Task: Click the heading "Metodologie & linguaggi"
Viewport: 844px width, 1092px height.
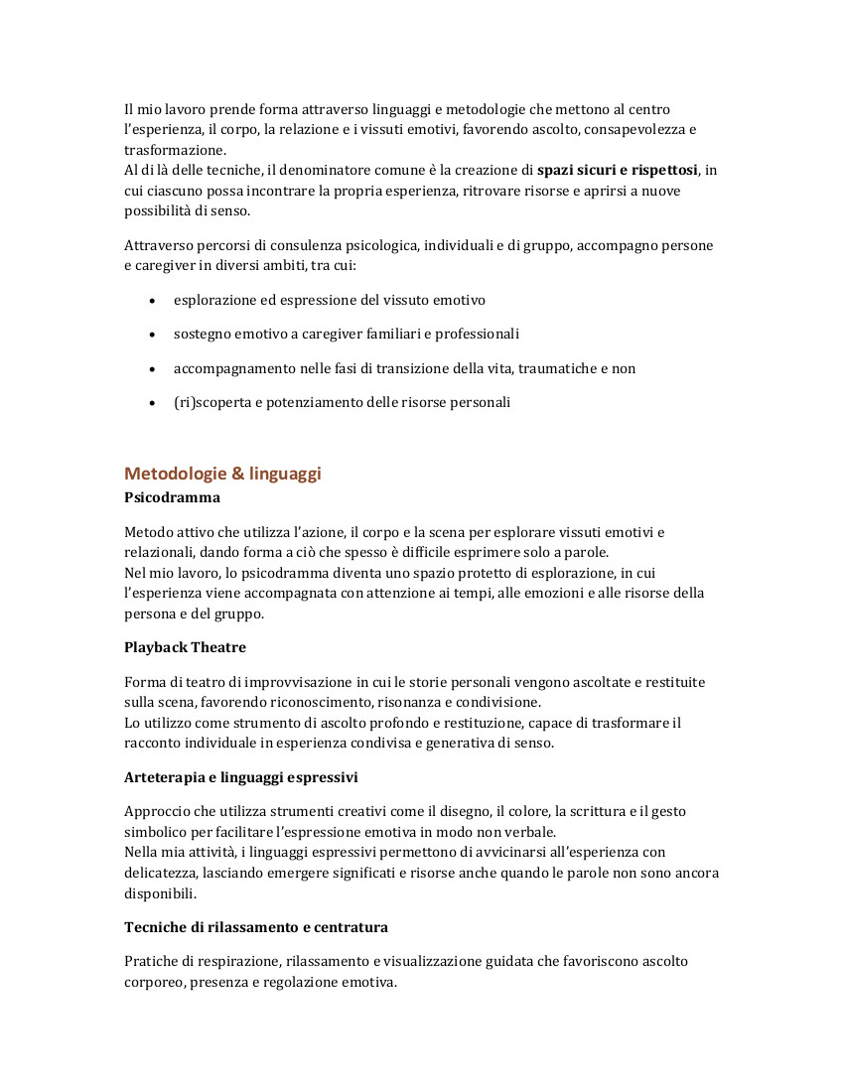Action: (x=222, y=474)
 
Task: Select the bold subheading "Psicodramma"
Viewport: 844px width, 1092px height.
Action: (x=172, y=496)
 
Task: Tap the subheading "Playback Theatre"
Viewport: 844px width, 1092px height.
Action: (x=185, y=647)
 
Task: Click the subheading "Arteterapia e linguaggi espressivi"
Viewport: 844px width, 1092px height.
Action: (x=240, y=776)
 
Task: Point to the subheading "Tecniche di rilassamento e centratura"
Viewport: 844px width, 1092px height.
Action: (x=256, y=927)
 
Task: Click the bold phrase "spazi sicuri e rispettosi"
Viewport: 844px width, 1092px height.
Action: (x=618, y=170)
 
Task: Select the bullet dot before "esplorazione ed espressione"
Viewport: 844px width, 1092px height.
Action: (x=151, y=300)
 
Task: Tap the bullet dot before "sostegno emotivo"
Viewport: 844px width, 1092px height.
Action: (x=151, y=335)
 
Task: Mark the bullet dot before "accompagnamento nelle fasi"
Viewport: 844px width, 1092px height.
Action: (x=151, y=369)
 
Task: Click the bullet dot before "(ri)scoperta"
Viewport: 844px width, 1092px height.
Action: (x=151, y=403)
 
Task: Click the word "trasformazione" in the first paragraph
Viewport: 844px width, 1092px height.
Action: (x=174, y=150)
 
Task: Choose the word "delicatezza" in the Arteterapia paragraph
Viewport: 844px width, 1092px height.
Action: (x=161, y=873)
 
